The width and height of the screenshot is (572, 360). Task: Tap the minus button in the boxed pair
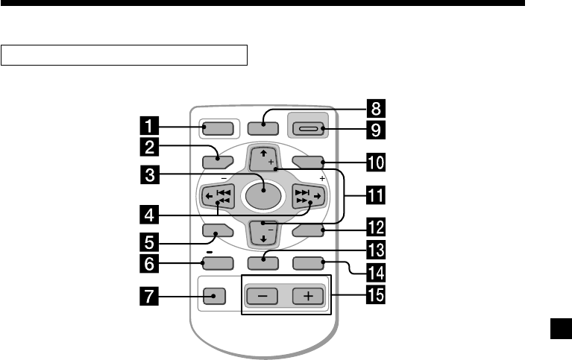[261, 295]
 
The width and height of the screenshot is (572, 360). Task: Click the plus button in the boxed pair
[308, 295]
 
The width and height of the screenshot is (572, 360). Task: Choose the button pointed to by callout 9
[309, 128]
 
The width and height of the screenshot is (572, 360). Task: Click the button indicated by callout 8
[264, 127]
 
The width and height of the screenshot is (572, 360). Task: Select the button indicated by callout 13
[264, 262]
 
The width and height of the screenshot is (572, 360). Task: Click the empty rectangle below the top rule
[125, 55]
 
